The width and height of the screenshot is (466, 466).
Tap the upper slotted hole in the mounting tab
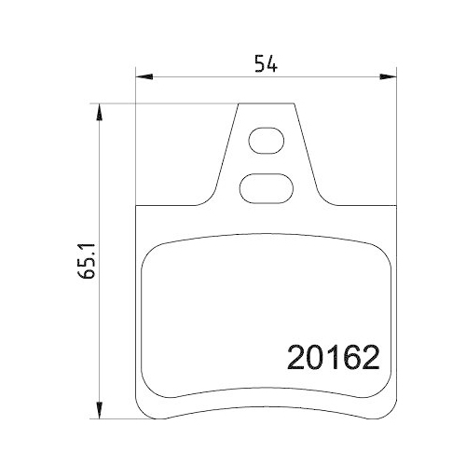[x=267, y=144]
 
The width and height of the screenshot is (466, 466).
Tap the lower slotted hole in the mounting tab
[x=267, y=188]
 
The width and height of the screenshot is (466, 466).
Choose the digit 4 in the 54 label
[x=273, y=63]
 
